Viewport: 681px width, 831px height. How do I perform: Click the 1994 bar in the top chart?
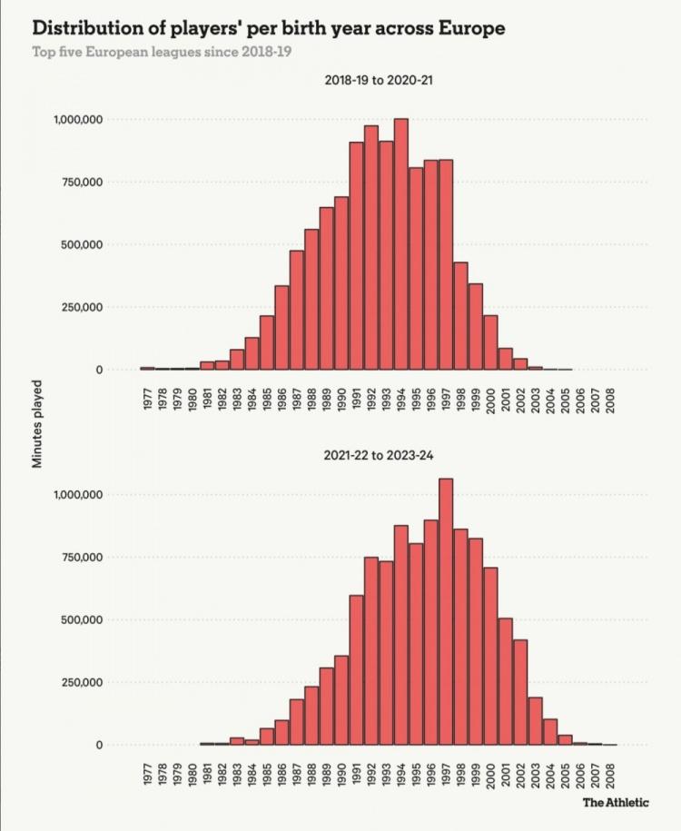click(x=400, y=245)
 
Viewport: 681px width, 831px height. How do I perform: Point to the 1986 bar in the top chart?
click(x=282, y=328)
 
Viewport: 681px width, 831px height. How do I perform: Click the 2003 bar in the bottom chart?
click(x=534, y=721)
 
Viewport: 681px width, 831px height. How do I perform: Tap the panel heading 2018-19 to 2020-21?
click(x=382, y=81)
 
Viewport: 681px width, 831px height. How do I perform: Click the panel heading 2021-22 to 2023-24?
click(x=382, y=456)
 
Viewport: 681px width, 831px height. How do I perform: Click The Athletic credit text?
click(x=616, y=803)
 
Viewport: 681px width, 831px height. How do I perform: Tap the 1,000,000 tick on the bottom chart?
click(x=78, y=495)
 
